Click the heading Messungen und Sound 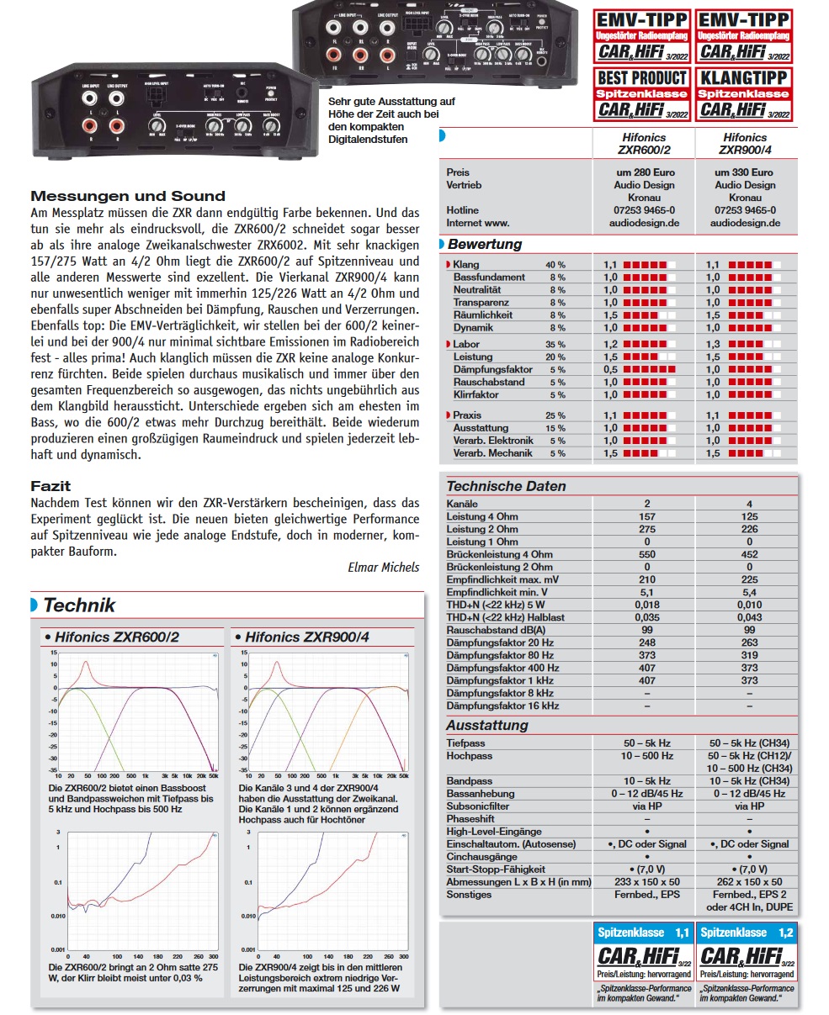(128, 196)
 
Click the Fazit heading (50, 486)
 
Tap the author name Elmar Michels (383, 567)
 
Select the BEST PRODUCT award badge (642, 93)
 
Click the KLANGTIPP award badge (744, 93)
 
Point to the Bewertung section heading (484, 245)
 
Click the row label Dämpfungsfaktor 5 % (492, 369)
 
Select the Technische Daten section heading (506, 486)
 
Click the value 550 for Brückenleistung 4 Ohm (646, 554)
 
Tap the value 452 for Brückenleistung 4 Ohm (749, 554)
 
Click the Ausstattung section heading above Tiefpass (487, 725)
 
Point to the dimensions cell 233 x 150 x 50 (646, 882)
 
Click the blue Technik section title (79, 605)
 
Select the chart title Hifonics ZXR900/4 (306, 637)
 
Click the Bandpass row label (469, 781)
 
